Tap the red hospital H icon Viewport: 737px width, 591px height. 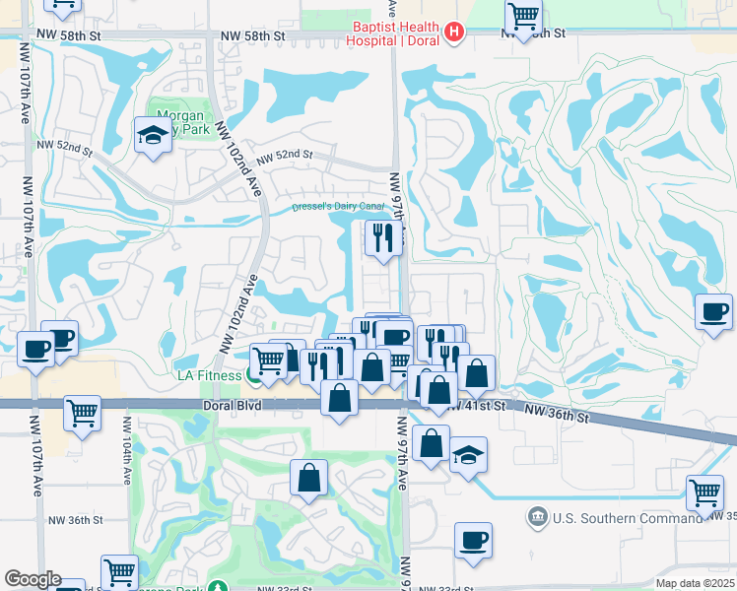tap(453, 33)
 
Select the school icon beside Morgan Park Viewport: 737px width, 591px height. tap(154, 135)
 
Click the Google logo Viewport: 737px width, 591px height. tap(33, 579)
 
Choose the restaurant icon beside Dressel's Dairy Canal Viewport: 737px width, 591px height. tap(382, 236)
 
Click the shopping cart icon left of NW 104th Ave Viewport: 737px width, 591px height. tap(83, 413)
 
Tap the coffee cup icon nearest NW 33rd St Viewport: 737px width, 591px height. tap(473, 540)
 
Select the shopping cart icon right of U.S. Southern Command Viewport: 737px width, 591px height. tap(705, 492)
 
